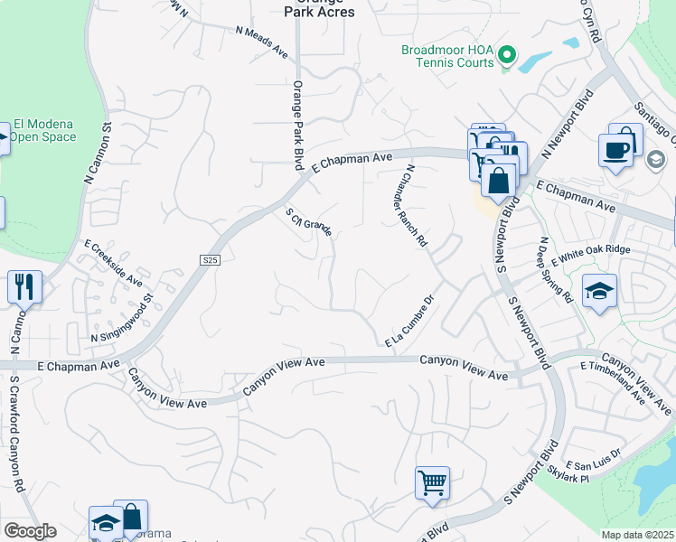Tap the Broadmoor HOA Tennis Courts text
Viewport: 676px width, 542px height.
(447, 56)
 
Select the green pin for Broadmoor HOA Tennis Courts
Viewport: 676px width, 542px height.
(507, 57)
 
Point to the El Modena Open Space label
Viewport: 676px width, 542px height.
(44, 131)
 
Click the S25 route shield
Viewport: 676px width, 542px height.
(210, 260)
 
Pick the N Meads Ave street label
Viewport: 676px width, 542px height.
(261, 42)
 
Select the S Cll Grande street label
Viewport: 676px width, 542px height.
(309, 222)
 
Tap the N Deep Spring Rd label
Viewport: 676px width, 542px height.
(556, 269)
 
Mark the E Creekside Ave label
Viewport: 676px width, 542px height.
(113, 262)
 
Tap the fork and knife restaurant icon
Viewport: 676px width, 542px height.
(24, 288)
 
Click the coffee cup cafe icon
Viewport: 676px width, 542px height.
(616, 149)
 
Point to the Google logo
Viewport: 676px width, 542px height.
(30, 531)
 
